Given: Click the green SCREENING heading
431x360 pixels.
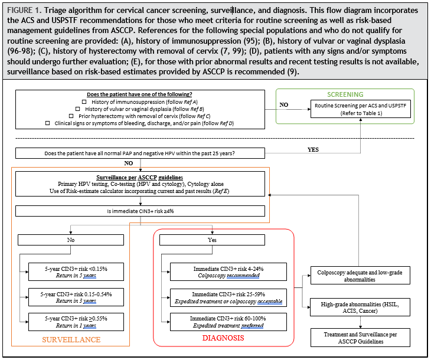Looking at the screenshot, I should click(x=345, y=94).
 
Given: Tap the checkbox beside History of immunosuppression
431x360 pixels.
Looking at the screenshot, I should click(x=84, y=102).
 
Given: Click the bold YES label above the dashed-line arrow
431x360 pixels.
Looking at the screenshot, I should click(x=314, y=149).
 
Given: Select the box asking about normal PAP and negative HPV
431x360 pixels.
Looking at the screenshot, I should click(x=139, y=153).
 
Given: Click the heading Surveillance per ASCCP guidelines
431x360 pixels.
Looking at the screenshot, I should click(x=139, y=178).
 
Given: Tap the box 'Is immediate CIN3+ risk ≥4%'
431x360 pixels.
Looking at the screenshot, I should click(x=139, y=210).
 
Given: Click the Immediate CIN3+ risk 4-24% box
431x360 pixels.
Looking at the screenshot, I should click(x=228, y=271).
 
